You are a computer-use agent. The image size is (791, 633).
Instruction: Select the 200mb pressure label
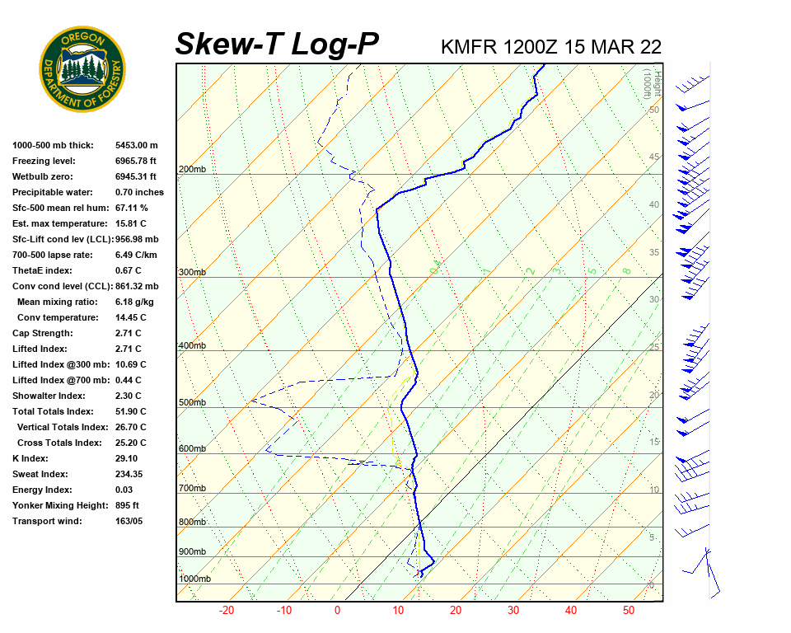[192, 170]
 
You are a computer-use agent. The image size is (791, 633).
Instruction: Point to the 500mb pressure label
[192, 402]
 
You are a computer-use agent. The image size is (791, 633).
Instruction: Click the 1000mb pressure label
[195, 579]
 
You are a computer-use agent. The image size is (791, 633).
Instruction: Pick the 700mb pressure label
[192, 489]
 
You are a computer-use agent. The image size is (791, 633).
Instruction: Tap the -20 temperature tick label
[227, 611]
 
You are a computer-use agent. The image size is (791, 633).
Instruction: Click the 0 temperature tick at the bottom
[337, 611]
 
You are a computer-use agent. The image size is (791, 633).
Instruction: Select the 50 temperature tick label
[629, 611]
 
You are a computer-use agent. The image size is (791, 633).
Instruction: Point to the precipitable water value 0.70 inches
[139, 192]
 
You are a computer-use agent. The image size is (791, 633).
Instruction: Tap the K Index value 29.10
[127, 458]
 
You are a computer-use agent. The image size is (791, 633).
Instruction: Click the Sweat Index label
[40, 474]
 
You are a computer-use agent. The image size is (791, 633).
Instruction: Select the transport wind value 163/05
[129, 521]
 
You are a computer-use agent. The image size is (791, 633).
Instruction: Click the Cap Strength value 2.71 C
[129, 333]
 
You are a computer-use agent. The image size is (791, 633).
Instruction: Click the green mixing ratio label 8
[626, 270]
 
